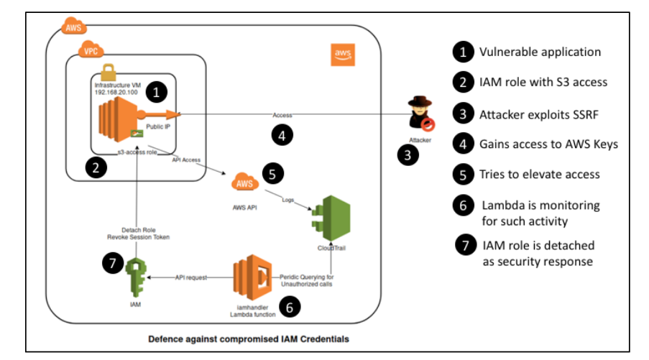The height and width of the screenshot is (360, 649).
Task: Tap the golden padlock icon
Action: point(109,72)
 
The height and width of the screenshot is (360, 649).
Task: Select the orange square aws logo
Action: point(342,55)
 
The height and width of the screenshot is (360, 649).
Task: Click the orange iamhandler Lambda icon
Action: point(252,277)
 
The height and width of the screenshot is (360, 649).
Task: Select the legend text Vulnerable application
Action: point(540,52)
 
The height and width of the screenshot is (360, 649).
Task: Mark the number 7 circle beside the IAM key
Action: point(113,263)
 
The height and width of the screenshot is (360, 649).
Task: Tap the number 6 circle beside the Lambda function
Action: point(289,306)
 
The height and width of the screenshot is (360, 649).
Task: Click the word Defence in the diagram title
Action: point(167,338)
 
